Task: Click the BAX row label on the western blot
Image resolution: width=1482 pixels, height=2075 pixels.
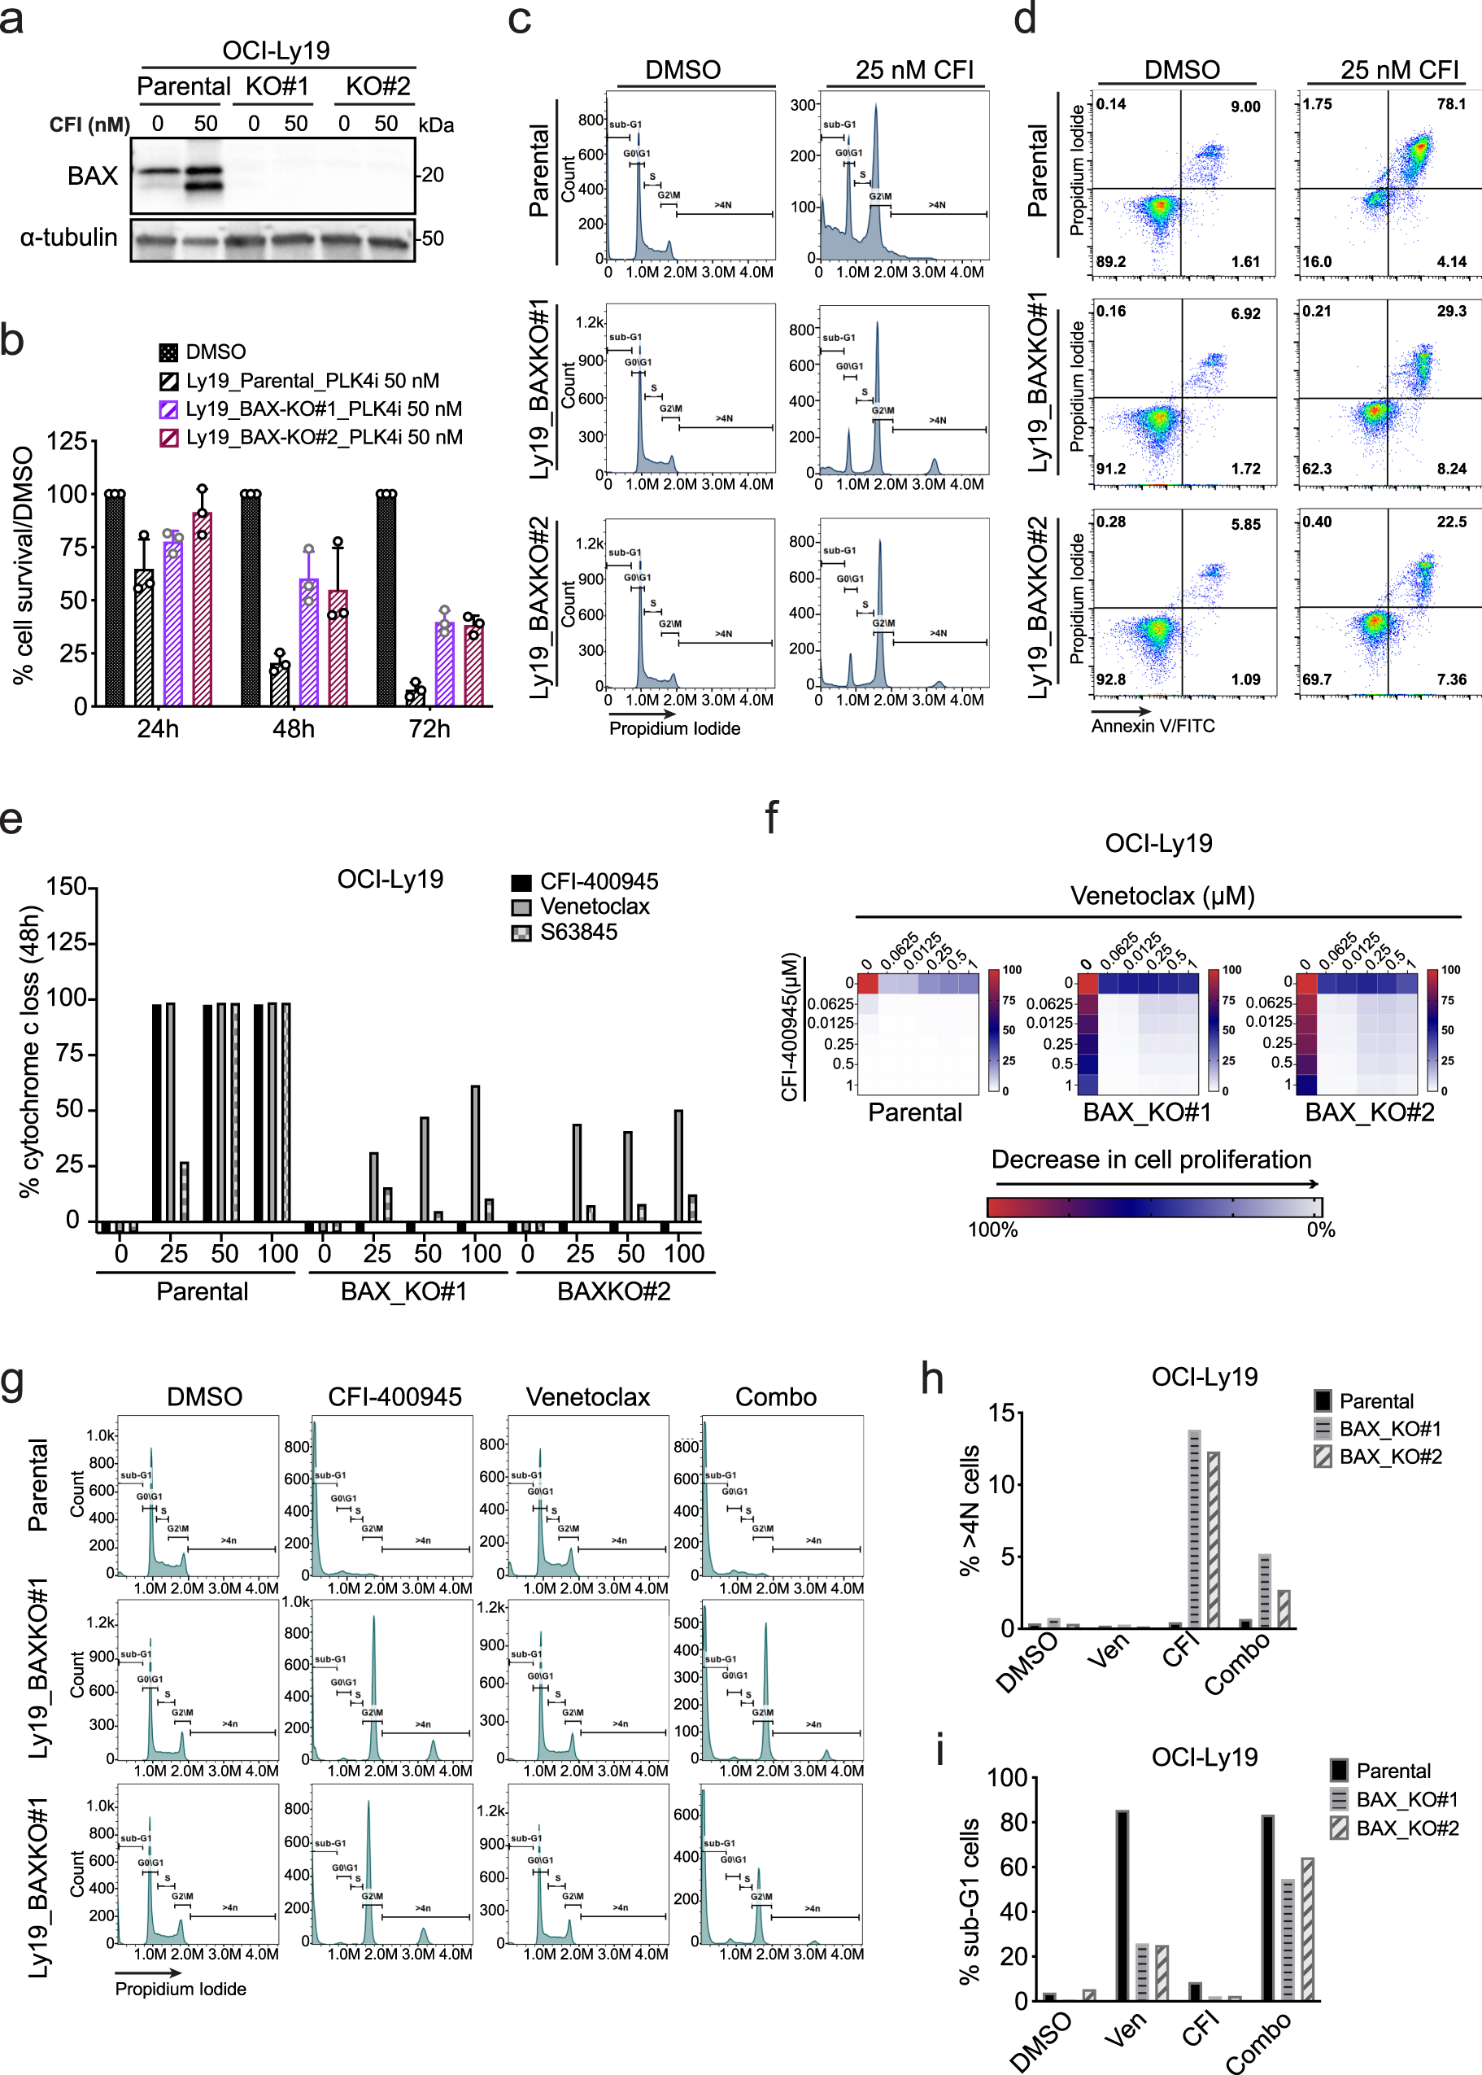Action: point(92,175)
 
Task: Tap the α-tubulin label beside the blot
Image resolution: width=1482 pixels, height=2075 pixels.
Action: point(68,238)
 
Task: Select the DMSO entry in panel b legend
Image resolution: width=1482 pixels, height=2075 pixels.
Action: point(216,352)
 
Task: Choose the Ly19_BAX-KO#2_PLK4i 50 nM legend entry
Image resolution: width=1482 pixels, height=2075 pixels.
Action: point(323,437)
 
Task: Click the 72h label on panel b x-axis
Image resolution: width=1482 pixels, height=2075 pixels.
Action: point(429,728)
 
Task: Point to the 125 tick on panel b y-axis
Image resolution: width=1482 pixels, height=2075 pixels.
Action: point(67,442)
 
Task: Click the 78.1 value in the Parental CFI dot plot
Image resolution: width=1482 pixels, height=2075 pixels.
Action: point(1450,104)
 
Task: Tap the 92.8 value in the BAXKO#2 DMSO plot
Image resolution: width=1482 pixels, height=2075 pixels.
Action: point(1110,679)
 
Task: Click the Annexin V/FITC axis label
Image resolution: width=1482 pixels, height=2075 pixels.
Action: point(1153,726)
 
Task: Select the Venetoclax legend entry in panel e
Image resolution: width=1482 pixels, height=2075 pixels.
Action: point(594,906)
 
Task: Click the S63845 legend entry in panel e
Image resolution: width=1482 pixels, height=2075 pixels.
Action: point(578,932)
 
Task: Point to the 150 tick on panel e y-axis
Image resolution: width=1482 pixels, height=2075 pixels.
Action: point(66,886)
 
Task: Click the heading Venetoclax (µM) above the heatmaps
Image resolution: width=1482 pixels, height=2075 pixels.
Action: point(1162,896)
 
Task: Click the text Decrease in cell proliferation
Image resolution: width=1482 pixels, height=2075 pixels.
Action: point(1151,1160)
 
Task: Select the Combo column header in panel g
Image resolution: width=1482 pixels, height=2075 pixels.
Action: point(776,1396)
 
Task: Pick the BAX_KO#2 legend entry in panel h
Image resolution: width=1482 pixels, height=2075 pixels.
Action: point(1390,1456)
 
